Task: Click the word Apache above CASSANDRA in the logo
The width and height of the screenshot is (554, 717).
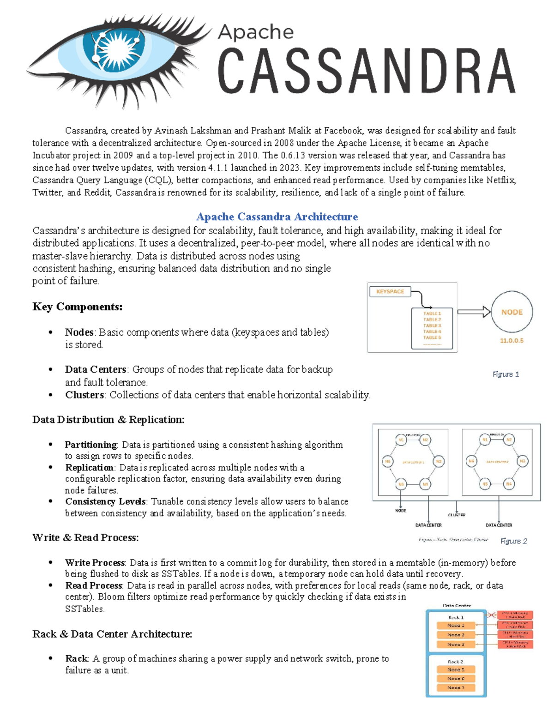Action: coord(255,32)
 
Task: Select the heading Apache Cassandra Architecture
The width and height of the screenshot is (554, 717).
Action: coord(277,217)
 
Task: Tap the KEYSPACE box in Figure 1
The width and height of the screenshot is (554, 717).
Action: coord(390,292)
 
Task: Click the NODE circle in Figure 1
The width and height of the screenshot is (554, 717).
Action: coord(512,312)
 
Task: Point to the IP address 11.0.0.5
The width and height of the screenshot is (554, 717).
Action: coord(512,341)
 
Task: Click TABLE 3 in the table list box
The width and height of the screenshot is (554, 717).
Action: coord(432,325)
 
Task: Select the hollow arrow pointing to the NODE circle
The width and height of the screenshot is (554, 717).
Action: coord(474,312)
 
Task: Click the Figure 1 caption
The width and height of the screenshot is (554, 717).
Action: coord(506,374)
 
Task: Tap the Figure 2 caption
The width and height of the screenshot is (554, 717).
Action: coord(513,541)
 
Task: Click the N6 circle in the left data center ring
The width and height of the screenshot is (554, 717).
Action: coord(388,461)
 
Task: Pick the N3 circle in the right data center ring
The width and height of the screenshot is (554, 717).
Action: coord(523,461)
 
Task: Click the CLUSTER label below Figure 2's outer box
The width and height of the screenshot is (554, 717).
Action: coord(457,515)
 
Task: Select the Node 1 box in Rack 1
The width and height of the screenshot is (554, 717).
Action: coord(456,625)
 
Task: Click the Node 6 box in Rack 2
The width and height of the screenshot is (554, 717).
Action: coord(456,679)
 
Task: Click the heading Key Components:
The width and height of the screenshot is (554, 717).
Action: coord(77,307)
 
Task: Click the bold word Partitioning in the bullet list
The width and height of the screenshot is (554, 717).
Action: coord(91,445)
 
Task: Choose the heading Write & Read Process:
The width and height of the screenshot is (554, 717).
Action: coord(85,537)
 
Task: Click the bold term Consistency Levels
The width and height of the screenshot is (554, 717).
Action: coord(106,501)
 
